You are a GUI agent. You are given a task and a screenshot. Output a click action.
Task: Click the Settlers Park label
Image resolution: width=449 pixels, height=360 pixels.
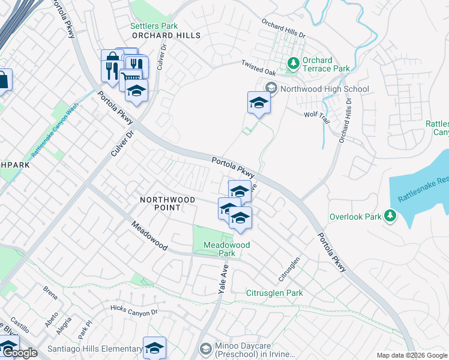[x=154, y=26]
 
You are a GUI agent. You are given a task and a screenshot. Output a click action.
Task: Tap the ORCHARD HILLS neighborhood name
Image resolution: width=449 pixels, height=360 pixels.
[x=166, y=35]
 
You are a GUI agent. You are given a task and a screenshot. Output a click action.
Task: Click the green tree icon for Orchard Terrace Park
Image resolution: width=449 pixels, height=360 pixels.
[x=294, y=62]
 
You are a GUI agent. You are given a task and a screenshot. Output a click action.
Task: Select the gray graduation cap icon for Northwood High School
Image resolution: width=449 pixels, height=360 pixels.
[x=271, y=89]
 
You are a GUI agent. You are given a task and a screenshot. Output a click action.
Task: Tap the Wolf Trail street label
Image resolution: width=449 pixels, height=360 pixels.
[x=317, y=117]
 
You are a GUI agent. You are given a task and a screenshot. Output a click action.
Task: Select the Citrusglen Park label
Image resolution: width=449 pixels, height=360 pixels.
[x=274, y=293]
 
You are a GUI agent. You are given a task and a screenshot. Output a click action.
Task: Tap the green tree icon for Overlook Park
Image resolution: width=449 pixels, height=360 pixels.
[x=390, y=215]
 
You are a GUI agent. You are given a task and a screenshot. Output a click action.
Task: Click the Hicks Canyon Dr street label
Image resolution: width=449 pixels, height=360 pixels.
[x=134, y=309]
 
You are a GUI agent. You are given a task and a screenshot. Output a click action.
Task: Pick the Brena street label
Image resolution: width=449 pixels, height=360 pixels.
[x=50, y=293]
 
